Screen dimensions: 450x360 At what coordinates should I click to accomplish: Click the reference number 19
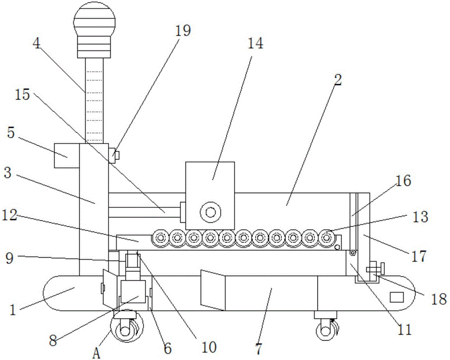(x=183, y=31)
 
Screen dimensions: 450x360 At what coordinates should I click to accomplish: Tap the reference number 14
(x=255, y=44)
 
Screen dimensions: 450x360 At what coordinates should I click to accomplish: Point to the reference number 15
(x=22, y=94)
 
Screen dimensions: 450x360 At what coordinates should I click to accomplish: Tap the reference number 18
(x=436, y=299)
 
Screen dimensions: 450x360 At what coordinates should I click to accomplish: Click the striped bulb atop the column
(x=95, y=22)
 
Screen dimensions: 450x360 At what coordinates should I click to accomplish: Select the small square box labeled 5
(x=67, y=156)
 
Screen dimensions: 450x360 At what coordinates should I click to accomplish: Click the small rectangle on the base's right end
(x=396, y=297)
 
